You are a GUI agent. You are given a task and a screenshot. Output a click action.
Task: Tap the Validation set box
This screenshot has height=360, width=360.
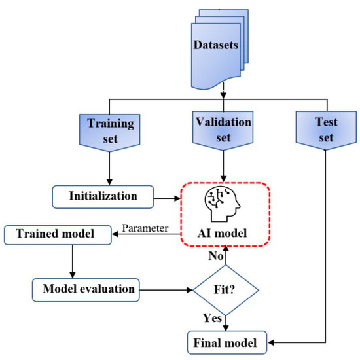point(224,128)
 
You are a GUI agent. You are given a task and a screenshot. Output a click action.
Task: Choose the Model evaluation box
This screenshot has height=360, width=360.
point(86,288)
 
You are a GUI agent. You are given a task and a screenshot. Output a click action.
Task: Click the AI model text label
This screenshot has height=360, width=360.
point(225,231)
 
